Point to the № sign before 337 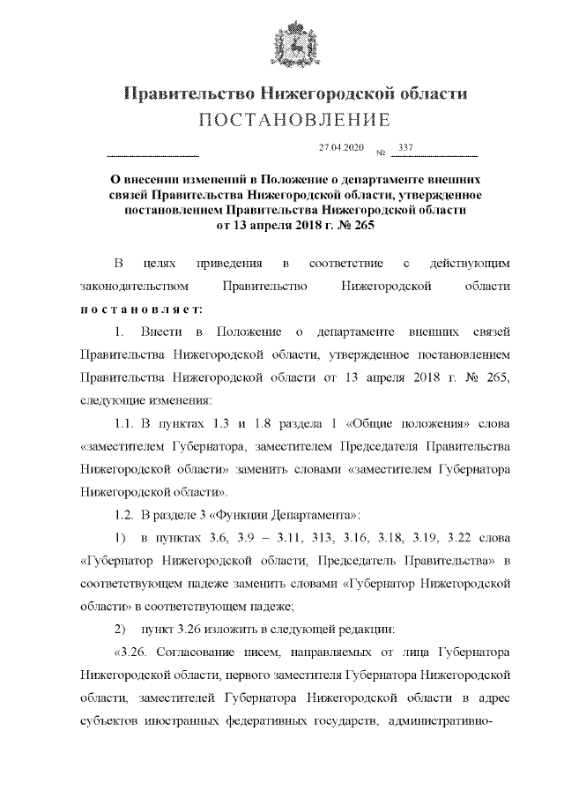382,153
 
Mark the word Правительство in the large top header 184,93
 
